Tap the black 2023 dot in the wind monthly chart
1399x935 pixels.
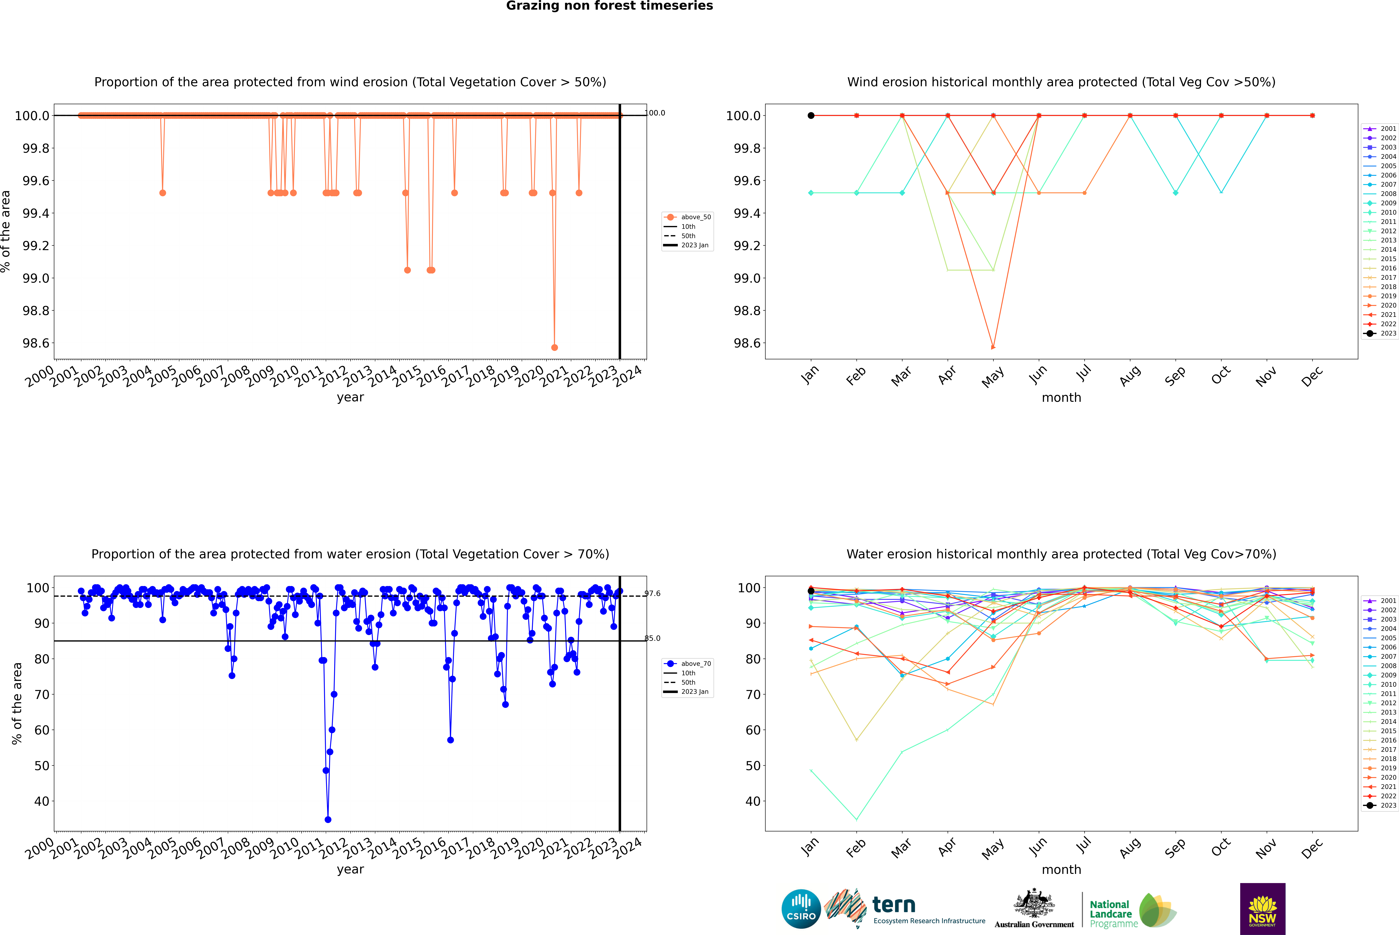(x=811, y=116)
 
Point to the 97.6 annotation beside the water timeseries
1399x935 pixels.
(x=652, y=593)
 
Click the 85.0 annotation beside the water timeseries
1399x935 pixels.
(x=652, y=638)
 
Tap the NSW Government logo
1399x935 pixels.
(x=1262, y=909)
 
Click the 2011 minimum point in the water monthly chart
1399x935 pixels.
(x=856, y=819)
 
